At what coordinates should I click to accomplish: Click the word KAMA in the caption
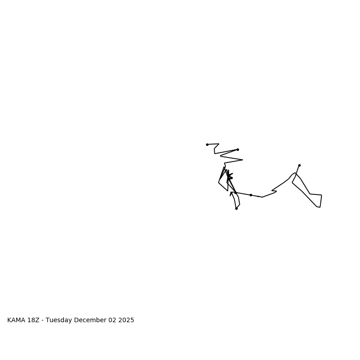(x=16, y=320)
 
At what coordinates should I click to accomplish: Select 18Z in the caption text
(x=33, y=320)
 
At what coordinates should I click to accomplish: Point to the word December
(x=90, y=320)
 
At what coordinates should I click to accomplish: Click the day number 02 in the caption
(x=111, y=320)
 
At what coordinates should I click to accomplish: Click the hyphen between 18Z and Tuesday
(x=42, y=320)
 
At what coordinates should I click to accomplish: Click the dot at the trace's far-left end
(x=207, y=144)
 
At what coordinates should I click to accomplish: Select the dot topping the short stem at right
(x=299, y=165)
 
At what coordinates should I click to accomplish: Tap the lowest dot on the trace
(x=236, y=208)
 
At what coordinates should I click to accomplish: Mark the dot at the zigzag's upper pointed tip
(x=238, y=149)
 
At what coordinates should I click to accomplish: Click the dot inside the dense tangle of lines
(x=231, y=178)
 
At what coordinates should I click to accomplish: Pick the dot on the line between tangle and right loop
(x=251, y=195)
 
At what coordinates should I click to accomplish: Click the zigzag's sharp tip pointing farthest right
(x=243, y=160)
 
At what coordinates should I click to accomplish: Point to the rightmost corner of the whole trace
(x=321, y=195)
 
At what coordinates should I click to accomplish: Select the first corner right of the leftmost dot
(x=219, y=144)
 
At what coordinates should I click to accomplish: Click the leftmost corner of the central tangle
(x=219, y=182)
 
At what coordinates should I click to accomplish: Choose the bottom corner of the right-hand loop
(x=319, y=207)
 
